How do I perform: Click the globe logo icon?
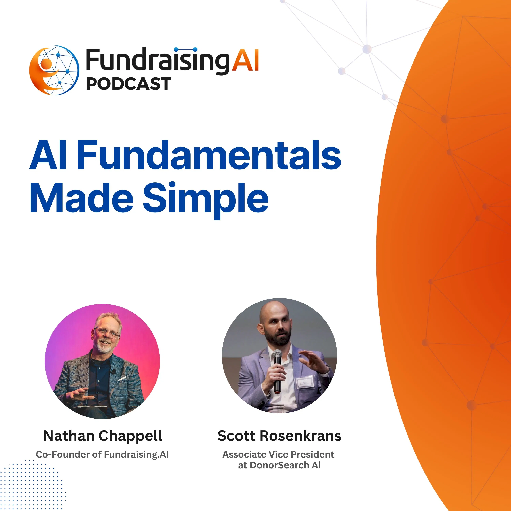click(x=54, y=70)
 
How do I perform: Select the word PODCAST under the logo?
click(x=129, y=84)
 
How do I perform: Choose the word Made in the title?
click(x=82, y=198)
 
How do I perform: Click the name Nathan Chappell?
click(x=103, y=436)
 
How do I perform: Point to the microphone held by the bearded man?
click(x=277, y=371)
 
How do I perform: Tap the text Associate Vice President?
click(x=278, y=454)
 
